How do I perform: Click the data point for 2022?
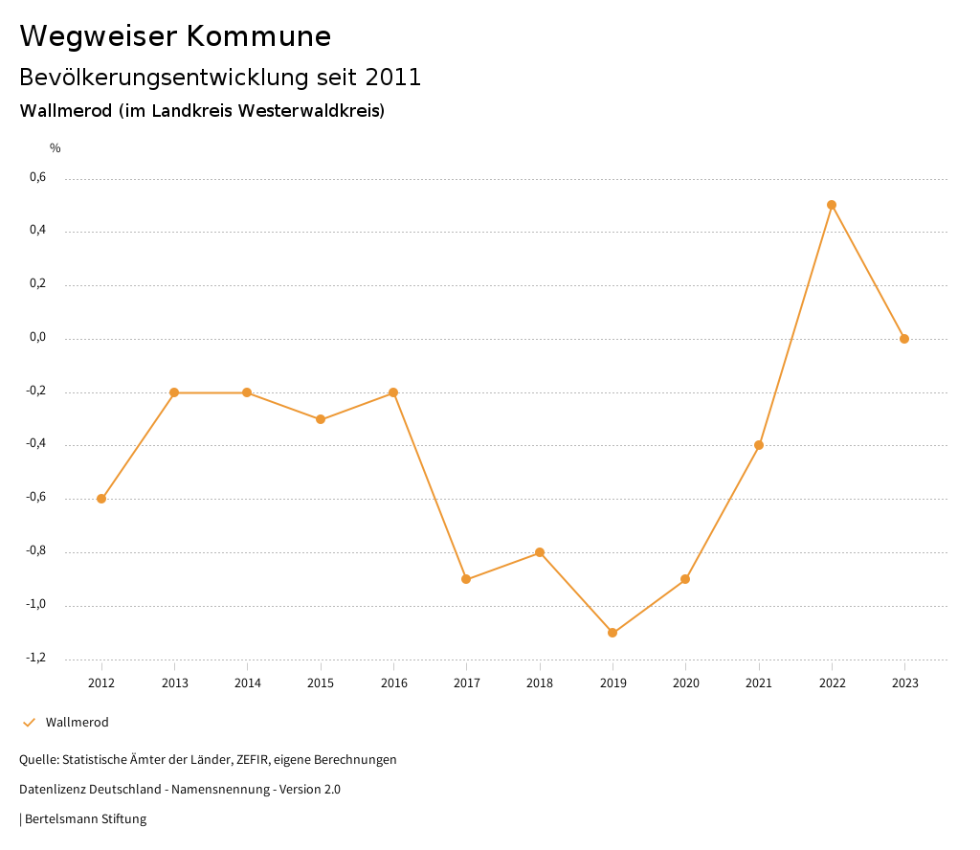point(832,205)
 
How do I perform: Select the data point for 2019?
point(612,633)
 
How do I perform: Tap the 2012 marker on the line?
point(101,499)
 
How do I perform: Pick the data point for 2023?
point(904,339)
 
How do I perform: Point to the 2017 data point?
point(466,579)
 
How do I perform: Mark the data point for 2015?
point(321,419)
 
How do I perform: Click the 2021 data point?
point(759,445)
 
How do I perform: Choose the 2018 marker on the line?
point(540,552)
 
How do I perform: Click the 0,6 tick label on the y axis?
point(37,177)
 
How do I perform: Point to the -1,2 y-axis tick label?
point(36,658)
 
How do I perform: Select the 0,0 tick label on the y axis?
point(37,337)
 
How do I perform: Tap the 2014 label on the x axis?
point(247,682)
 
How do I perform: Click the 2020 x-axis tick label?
point(686,682)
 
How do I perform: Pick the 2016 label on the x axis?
point(393,682)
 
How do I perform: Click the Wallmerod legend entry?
point(77,723)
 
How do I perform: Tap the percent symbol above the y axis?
point(56,148)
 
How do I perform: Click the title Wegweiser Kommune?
point(175,36)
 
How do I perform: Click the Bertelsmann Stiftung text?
point(85,819)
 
